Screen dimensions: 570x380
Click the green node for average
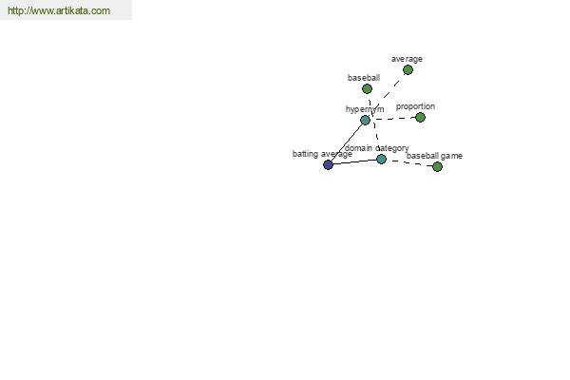point(408,69)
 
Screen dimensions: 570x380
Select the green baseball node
point(367,88)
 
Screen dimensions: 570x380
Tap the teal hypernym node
point(365,120)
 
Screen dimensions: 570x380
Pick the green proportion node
point(420,117)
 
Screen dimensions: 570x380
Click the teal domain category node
point(381,159)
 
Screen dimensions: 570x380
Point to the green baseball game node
point(437,166)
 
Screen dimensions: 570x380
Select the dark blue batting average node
point(328,164)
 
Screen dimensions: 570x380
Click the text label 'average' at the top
point(407,59)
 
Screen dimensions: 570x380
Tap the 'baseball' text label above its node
point(364,78)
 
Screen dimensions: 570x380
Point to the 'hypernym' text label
point(365,109)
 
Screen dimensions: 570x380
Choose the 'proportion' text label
point(415,106)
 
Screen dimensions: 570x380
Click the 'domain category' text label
point(376,148)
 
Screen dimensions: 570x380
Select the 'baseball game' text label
point(434,156)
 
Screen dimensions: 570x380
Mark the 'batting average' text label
point(322,154)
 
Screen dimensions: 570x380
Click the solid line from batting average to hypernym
point(347,142)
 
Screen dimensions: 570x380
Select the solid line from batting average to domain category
point(354,161)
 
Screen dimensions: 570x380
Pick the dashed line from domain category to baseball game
point(409,162)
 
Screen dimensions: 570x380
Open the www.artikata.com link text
point(59,10)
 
